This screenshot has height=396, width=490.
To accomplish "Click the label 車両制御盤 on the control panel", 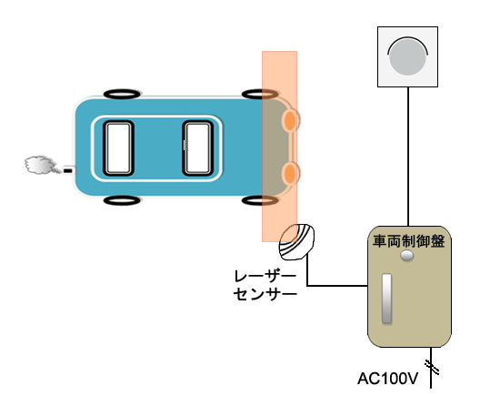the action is click(409, 241).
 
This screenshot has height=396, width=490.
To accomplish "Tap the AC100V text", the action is click(387, 379).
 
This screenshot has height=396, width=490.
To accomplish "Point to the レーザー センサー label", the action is click(265, 285).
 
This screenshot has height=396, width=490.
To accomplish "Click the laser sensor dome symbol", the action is click(296, 242).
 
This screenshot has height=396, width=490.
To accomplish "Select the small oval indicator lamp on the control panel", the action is click(407, 256).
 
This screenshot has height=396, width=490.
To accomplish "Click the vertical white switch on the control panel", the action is click(387, 299).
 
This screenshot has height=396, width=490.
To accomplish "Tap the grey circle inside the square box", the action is click(407, 57).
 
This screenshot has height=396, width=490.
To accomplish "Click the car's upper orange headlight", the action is click(291, 120).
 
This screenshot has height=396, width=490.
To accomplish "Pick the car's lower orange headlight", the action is click(291, 173).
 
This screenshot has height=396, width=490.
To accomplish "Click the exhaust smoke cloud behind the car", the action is click(40, 165).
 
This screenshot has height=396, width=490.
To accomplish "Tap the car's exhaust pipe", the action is click(69, 170).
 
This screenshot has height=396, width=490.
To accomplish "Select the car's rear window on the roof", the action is click(118, 148).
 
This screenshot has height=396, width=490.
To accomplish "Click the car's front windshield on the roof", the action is click(198, 148).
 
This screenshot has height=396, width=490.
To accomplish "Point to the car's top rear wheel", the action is click(122, 94).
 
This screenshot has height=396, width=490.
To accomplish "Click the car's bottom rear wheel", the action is click(122, 200).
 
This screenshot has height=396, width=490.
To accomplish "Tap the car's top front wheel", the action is click(260, 94).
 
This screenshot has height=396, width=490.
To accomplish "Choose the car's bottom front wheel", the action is click(260, 200).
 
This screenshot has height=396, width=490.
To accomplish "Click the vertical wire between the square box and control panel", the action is click(408, 157).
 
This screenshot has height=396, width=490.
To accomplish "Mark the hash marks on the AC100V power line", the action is click(432, 367).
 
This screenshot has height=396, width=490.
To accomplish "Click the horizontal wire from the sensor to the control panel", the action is click(337, 286).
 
